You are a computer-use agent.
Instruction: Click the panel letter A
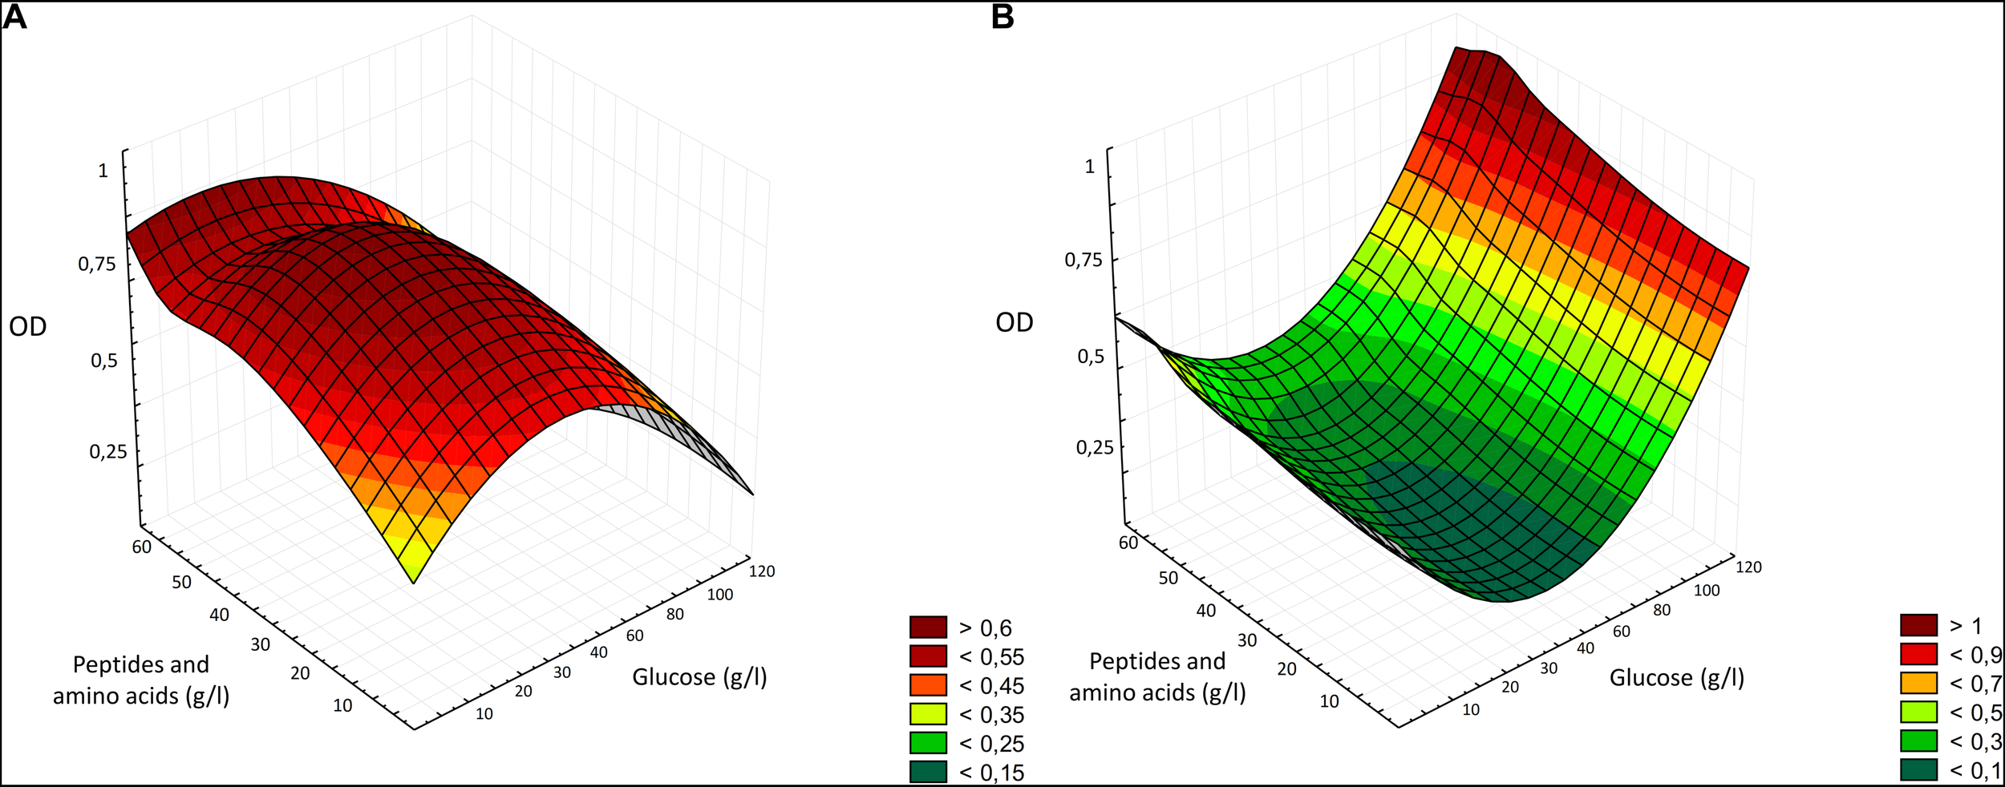pos(15,18)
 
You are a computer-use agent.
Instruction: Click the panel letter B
pos(1003,18)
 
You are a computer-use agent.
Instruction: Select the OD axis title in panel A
pos(28,327)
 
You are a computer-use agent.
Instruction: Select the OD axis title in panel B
pos(1014,323)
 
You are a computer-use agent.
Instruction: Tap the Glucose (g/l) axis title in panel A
pos(699,678)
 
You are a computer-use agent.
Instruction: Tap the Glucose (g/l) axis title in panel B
pos(1677,678)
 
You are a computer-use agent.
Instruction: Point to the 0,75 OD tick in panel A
pos(97,264)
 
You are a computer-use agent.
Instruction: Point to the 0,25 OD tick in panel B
pos(1095,447)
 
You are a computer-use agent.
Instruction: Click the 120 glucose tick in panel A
pos(762,571)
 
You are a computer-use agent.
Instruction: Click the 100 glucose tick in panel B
pos(1707,591)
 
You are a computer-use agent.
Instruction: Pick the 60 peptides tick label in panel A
pos(141,547)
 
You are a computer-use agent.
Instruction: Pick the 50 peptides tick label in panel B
pos(1169,578)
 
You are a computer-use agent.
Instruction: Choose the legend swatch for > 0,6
pos(928,627)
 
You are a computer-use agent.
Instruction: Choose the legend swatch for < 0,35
pos(928,714)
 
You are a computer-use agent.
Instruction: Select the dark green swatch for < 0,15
pos(928,772)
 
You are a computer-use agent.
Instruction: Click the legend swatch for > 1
pos(1918,625)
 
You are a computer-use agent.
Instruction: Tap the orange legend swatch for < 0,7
pos(1918,683)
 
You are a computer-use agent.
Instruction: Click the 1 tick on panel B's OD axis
pos(1089,167)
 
